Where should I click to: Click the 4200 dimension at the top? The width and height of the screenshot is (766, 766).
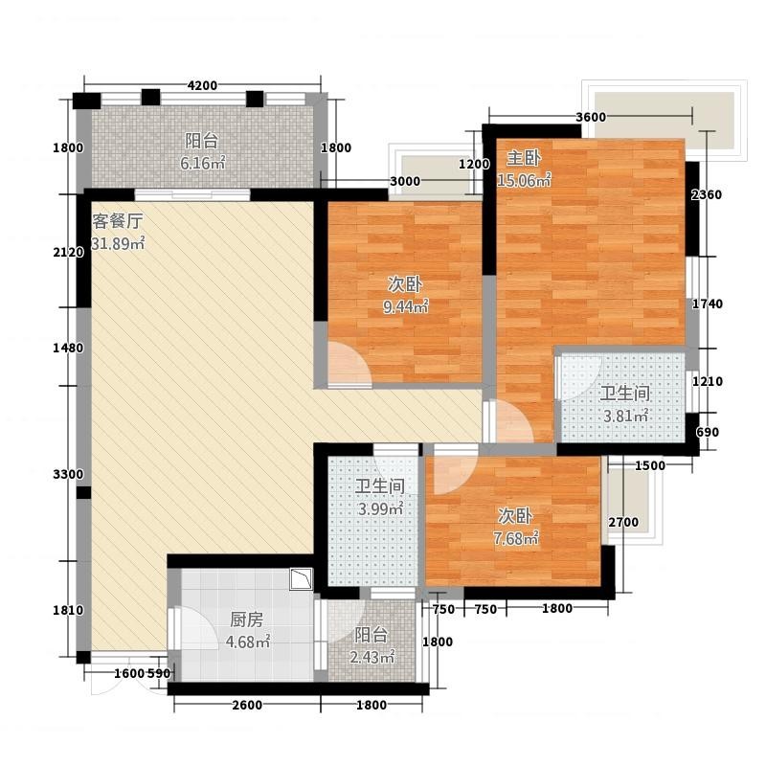pos(202,85)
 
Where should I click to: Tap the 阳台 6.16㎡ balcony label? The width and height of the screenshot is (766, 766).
pos(202,152)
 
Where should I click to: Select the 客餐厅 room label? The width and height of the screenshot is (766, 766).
pos(117,221)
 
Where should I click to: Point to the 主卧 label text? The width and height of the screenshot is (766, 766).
pos(524,158)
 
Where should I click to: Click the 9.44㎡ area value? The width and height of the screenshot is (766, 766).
pos(405,306)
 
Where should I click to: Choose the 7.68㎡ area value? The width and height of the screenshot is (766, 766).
pos(515,538)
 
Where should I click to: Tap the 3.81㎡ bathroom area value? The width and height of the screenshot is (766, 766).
pos(625,416)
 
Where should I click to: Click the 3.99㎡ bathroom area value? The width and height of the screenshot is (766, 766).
pos(380,509)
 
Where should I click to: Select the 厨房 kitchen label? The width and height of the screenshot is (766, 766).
pos(247,620)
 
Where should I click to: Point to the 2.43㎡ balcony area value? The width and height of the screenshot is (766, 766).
pos(372,658)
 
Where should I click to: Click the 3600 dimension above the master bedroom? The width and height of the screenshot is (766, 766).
pos(591,117)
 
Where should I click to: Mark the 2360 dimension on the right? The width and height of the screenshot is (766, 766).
pos(707,195)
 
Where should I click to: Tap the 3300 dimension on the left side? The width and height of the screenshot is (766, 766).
pos(68,474)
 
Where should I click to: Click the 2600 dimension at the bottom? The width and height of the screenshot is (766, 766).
pos(247,705)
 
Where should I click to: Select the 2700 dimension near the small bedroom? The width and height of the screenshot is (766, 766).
pos(623,522)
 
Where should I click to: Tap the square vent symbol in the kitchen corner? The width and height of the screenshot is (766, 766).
pos(301,579)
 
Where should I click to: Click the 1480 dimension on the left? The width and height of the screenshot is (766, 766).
pos(68,349)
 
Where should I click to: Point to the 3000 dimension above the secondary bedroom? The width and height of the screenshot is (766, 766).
pos(405,181)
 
